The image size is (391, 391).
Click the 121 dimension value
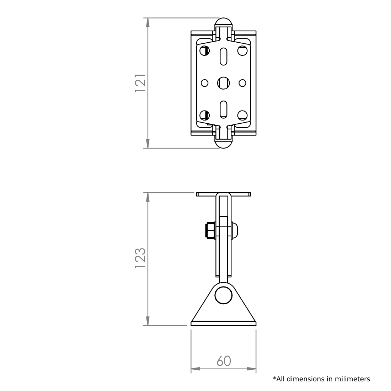click(x=140, y=83)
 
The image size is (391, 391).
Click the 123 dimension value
click(x=140, y=258)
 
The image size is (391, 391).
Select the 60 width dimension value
click(x=224, y=361)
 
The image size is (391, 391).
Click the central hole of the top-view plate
click(x=224, y=83)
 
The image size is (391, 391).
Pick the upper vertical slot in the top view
click(x=224, y=57)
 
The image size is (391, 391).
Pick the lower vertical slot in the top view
click(x=224, y=109)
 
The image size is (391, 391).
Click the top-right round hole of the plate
click(x=242, y=50)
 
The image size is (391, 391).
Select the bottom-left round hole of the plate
click(x=204, y=115)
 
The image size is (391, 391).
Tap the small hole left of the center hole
click(x=204, y=83)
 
